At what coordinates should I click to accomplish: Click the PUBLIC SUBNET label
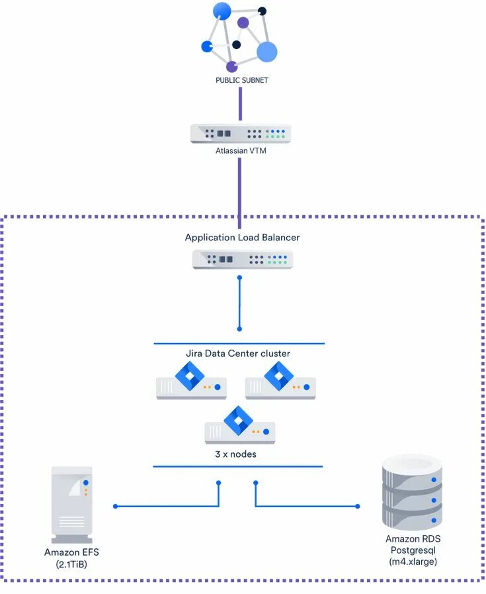click(x=241, y=80)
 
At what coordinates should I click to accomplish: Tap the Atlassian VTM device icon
click(x=241, y=134)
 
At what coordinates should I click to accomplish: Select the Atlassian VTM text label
click(x=241, y=151)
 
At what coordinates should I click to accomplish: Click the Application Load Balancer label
click(x=242, y=238)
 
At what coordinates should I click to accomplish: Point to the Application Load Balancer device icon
click(x=243, y=260)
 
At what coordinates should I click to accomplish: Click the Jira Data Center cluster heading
click(x=238, y=354)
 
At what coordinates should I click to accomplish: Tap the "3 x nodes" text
click(x=235, y=454)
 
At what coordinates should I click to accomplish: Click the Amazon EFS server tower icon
click(x=72, y=505)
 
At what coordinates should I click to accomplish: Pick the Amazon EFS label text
click(x=71, y=552)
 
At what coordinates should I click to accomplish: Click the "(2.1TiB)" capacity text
click(x=71, y=564)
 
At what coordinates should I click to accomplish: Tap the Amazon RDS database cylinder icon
click(x=412, y=492)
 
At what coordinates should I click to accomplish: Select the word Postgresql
click(x=413, y=550)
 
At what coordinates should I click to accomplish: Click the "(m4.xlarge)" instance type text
click(x=413, y=562)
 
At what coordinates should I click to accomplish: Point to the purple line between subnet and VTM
click(x=240, y=104)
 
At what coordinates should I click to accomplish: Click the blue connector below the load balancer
click(x=239, y=303)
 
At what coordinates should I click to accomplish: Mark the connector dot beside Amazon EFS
click(x=115, y=506)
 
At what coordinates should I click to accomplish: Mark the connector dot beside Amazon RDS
click(x=358, y=506)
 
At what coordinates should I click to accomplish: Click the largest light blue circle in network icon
click(x=267, y=52)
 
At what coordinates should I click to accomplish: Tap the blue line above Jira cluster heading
click(x=239, y=344)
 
